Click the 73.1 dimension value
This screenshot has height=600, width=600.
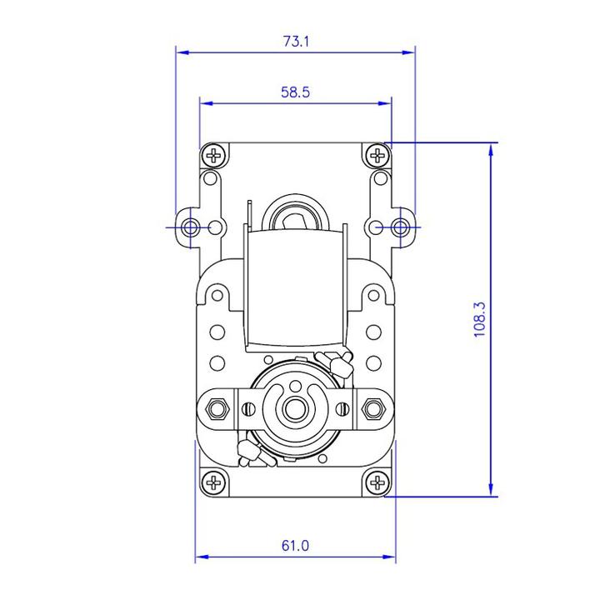pos(296,41)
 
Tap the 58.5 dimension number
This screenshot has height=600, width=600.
pos(295,92)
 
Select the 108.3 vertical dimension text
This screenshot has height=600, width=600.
pos(479,319)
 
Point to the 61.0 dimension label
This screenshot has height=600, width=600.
pos(295,545)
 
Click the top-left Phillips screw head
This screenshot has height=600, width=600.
pos(214,155)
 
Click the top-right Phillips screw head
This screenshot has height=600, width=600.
pos(377,155)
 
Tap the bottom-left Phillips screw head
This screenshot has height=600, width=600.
pos(214,482)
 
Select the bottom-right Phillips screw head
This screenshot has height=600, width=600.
pos(377,482)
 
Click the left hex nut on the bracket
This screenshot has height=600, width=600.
pos(217,408)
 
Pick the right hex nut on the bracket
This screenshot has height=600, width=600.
pos(373,408)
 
